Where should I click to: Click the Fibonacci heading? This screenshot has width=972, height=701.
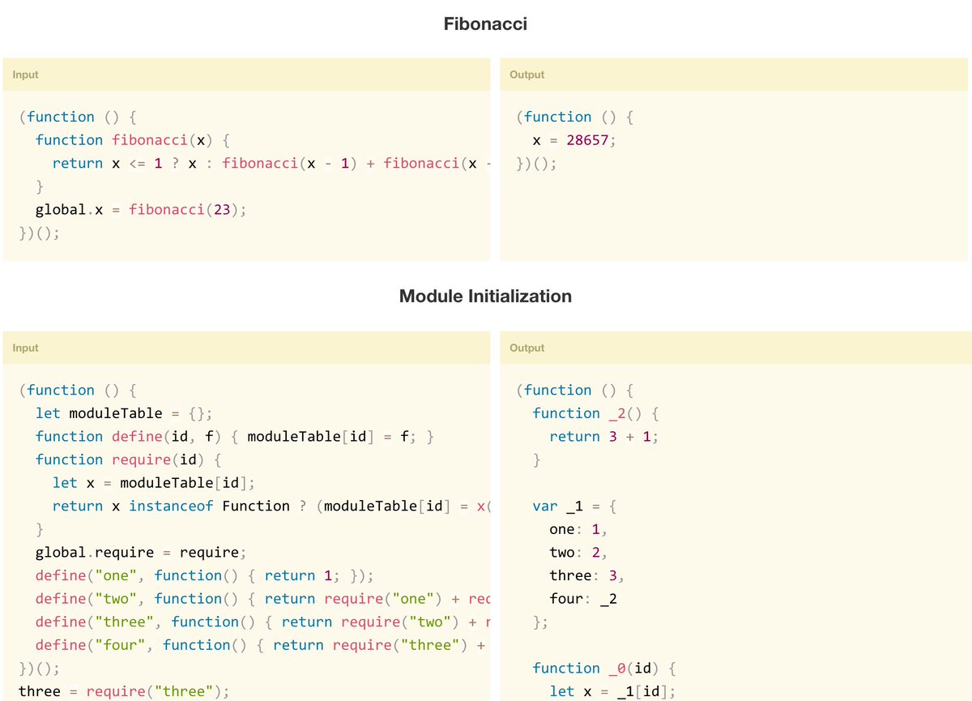(x=485, y=24)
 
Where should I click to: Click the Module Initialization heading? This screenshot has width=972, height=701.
(x=485, y=297)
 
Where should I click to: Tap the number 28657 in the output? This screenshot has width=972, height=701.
(x=588, y=140)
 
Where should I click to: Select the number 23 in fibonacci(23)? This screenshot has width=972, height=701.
(x=221, y=210)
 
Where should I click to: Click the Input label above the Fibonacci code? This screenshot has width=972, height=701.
(x=25, y=75)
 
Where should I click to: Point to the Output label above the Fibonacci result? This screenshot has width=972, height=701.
(x=526, y=75)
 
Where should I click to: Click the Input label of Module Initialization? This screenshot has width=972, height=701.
(x=25, y=348)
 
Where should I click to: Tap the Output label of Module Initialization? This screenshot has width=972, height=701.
(x=526, y=348)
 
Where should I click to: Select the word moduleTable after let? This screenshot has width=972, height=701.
(x=115, y=413)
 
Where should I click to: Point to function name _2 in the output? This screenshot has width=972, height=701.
(x=616, y=413)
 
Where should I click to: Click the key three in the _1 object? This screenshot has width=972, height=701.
(x=570, y=576)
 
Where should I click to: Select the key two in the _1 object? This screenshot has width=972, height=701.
(x=561, y=553)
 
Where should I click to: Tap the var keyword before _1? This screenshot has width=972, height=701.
(x=544, y=507)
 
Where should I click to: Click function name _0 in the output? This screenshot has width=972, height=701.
(x=616, y=669)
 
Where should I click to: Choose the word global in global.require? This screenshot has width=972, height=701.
(x=60, y=553)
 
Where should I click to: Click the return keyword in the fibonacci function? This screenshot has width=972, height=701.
(x=77, y=164)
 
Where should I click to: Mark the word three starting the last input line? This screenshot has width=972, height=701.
(x=39, y=692)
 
